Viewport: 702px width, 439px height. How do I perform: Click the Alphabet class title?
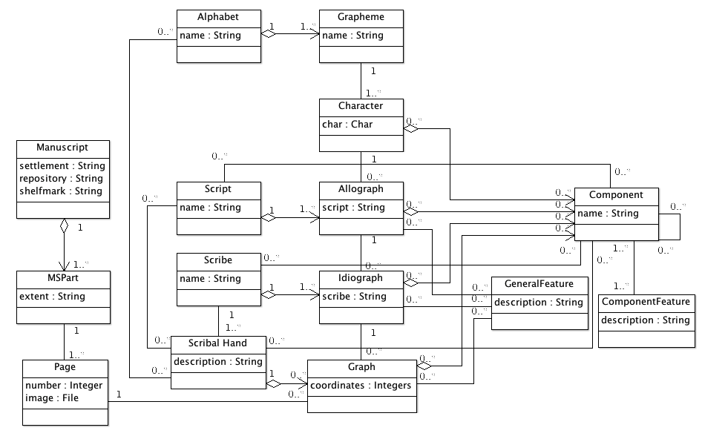pyautogui.click(x=218, y=17)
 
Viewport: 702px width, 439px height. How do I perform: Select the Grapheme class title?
pyautogui.click(x=361, y=17)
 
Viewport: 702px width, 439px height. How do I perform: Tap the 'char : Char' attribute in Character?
pyautogui.click(x=347, y=125)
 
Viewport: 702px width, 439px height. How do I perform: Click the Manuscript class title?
pyautogui.click(x=62, y=148)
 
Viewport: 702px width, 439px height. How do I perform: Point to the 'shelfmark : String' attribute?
pyautogui.click(x=61, y=191)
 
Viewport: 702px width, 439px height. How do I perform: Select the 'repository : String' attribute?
pyautogui.click(x=61, y=179)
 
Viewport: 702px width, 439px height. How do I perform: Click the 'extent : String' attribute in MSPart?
pyautogui.click(x=52, y=297)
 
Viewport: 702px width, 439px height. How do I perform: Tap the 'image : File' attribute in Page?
pyautogui.click(x=52, y=398)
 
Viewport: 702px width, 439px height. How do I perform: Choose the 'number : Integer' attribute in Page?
pyautogui.click(x=64, y=386)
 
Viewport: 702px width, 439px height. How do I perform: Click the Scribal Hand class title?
pyautogui.click(x=218, y=343)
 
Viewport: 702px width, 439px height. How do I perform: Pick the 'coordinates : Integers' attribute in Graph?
pyautogui.click(x=361, y=386)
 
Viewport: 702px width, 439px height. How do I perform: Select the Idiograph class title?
pyautogui.click(x=361, y=278)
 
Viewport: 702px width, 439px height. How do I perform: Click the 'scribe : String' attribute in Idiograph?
pyautogui.click(x=354, y=297)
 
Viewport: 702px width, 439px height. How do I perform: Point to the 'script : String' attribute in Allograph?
pyautogui.click(x=353, y=208)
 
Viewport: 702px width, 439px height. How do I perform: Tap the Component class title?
pyautogui.click(x=616, y=195)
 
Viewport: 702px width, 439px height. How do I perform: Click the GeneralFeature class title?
pyautogui.click(x=539, y=284)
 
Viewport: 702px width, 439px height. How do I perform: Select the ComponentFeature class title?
pyautogui.click(x=646, y=302)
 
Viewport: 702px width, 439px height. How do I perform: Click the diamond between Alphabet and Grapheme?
pyautogui.click(x=268, y=34)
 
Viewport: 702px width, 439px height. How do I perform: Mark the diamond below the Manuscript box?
pyautogui.click(x=64, y=225)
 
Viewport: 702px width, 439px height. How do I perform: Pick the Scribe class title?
pyautogui.click(x=218, y=260)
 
